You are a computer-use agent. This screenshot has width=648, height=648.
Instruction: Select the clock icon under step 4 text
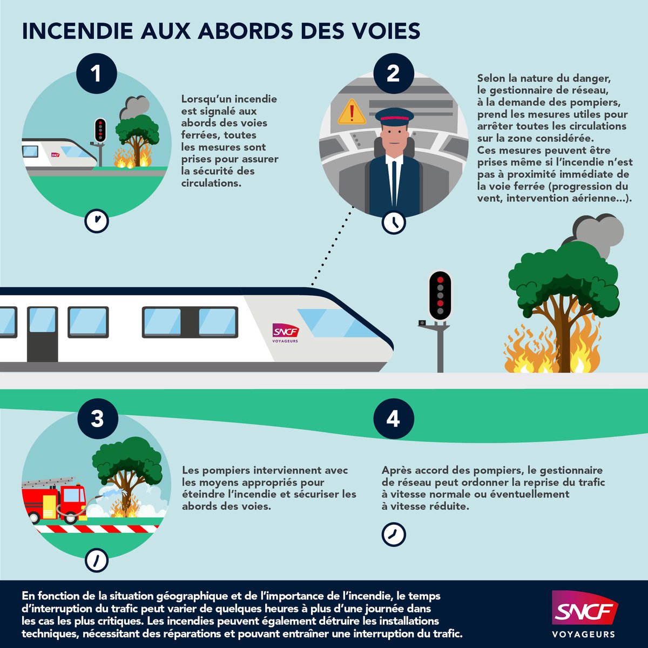pos(394,534)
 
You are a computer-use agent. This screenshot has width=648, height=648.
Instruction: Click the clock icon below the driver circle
pos(394,221)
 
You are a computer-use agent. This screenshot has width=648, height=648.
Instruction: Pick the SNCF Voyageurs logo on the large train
pos(285,333)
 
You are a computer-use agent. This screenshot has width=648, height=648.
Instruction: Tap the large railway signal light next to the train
pos(440,295)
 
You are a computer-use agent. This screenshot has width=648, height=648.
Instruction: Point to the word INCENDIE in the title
pos(78,31)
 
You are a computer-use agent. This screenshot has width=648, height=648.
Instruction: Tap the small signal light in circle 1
pos(100,130)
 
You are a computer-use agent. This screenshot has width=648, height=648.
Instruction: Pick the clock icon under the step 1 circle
pos(97,220)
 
